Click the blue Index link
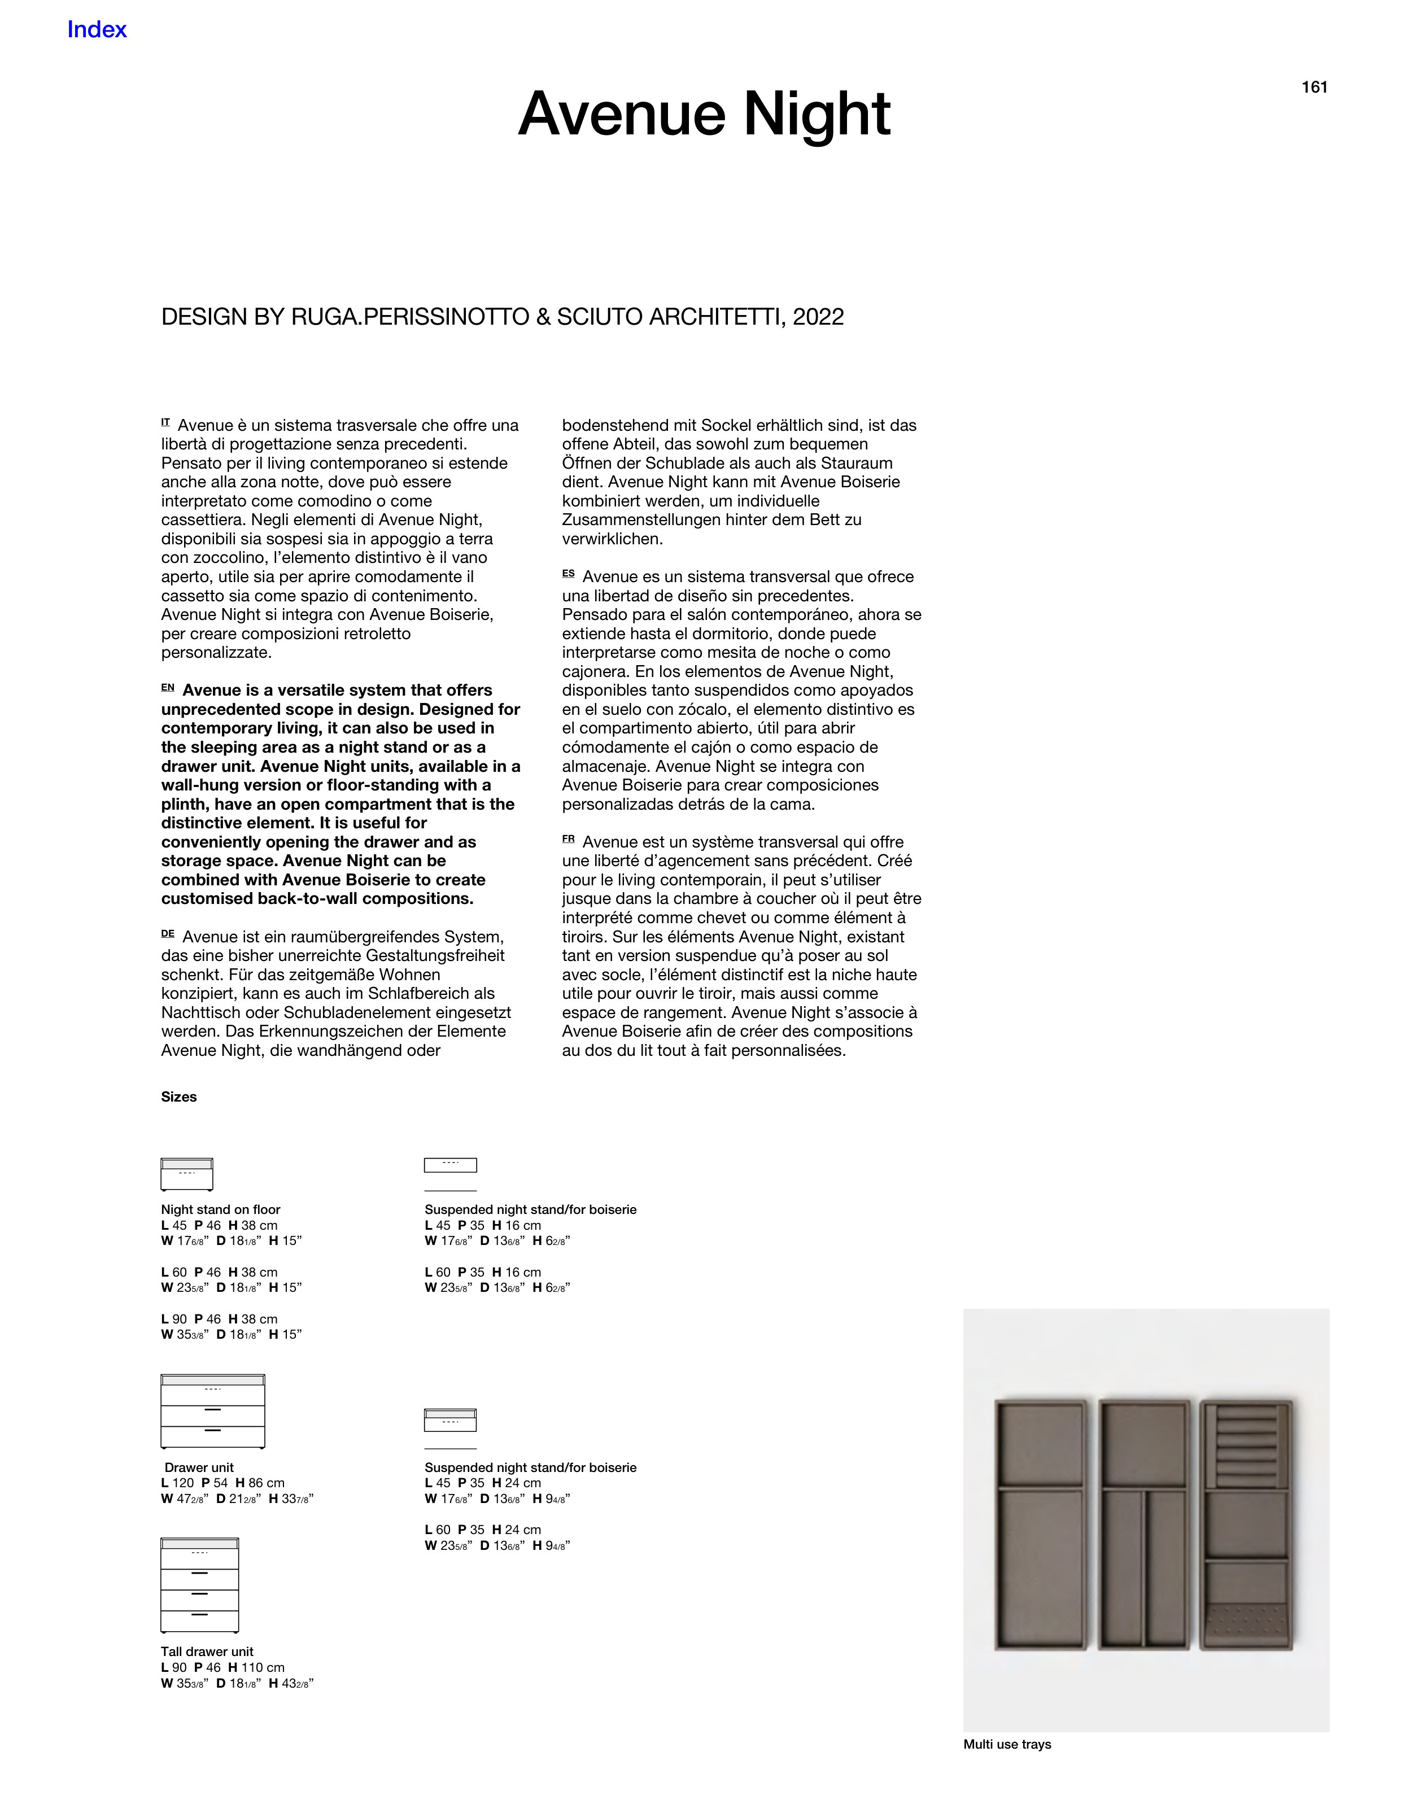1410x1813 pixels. pyautogui.click(x=97, y=30)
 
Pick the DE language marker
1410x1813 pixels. pyautogui.click(x=168, y=934)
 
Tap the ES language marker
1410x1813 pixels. pyautogui.click(x=568, y=574)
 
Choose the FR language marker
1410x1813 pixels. pyautogui.click(x=568, y=839)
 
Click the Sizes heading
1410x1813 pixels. pyautogui.click(x=178, y=1096)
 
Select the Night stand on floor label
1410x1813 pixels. pyautogui.click(x=220, y=1209)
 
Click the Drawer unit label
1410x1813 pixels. pyautogui.click(x=199, y=1467)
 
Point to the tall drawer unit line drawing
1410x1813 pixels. pyautogui.click(x=199, y=1585)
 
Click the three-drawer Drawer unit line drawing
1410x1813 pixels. pyautogui.click(x=212, y=1411)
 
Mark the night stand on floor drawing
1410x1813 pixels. pyautogui.click(x=187, y=1174)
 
